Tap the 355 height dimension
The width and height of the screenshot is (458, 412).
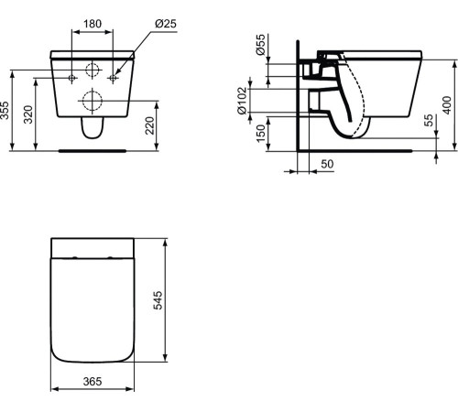click(8, 111)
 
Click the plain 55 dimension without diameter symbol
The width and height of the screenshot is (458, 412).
click(427, 124)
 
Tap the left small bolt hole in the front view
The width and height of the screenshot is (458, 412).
click(72, 79)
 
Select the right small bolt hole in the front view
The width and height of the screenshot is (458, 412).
click(113, 79)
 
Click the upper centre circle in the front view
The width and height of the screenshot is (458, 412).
click(93, 72)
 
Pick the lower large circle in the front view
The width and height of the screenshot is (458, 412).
click(93, 99)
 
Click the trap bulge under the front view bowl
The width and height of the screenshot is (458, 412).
click(93, 130)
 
